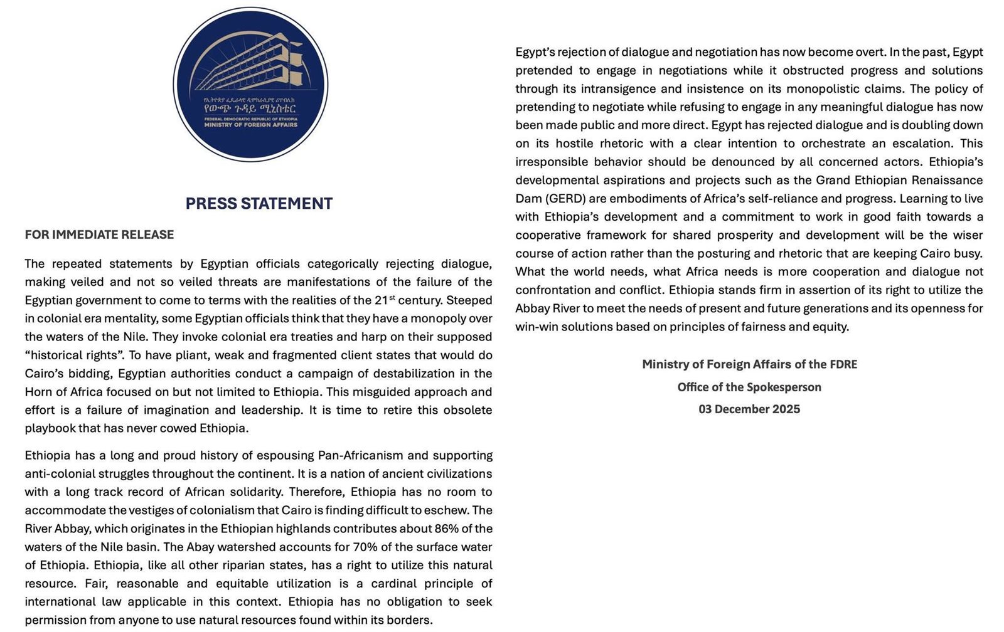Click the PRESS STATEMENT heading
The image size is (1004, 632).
click(x=259, y=204)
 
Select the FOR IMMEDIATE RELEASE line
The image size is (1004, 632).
click(x=99, y=234)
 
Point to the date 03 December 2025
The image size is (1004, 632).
click(x=749, y=409)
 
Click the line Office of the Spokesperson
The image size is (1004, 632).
click(x=749, y=387)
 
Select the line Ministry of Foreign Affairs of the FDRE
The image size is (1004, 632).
click(x=749, y=364)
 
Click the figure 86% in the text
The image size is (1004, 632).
click(x=446, y=529)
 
